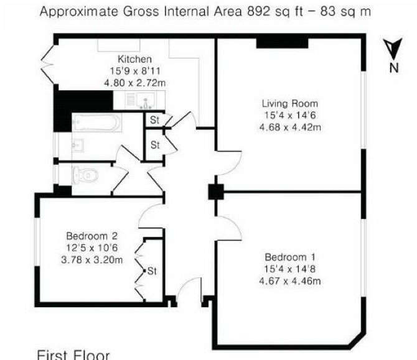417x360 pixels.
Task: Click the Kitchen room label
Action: click(134, 59)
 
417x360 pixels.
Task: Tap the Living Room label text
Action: click(290, 104)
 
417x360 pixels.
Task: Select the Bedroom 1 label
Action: click(290, 257)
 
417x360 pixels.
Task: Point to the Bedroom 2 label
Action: click(91, 236)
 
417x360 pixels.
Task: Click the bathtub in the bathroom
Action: click(97, 122)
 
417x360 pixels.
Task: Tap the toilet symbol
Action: click(85, 175)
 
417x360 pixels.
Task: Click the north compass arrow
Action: click(393, 48)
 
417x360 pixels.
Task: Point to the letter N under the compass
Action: click(394, 68)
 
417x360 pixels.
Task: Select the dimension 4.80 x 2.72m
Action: click(134, 83)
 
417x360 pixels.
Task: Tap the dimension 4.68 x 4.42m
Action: click(290, 127)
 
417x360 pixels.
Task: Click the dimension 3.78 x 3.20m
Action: click(91, 259)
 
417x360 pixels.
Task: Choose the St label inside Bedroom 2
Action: click(152, 271)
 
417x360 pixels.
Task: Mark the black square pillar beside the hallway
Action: click(216, 192)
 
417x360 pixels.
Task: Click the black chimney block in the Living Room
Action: click(282, 44)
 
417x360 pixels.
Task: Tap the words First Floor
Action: click(73, 355)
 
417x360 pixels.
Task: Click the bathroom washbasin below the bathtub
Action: click(78, 145)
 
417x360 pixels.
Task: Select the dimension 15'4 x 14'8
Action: click(290, 269)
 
